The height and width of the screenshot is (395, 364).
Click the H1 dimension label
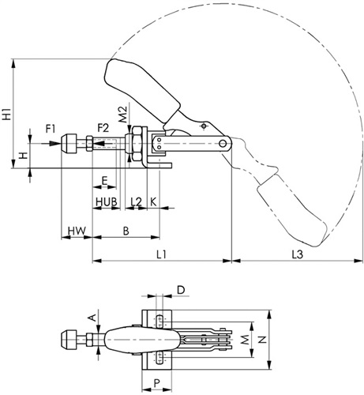(7, 114)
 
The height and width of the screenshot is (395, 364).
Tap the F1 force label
(51, 129)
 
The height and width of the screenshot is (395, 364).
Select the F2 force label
(103, 128)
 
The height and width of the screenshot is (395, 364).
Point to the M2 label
(122, 115)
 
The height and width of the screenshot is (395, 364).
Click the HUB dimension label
(106, 202)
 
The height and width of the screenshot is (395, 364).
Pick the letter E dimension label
(104, 181)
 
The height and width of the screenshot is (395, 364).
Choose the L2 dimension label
(136, 202)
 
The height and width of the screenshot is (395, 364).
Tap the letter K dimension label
(153, 202)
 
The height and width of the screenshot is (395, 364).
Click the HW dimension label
(77, 231)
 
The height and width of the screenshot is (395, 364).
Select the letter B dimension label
(126, 231)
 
